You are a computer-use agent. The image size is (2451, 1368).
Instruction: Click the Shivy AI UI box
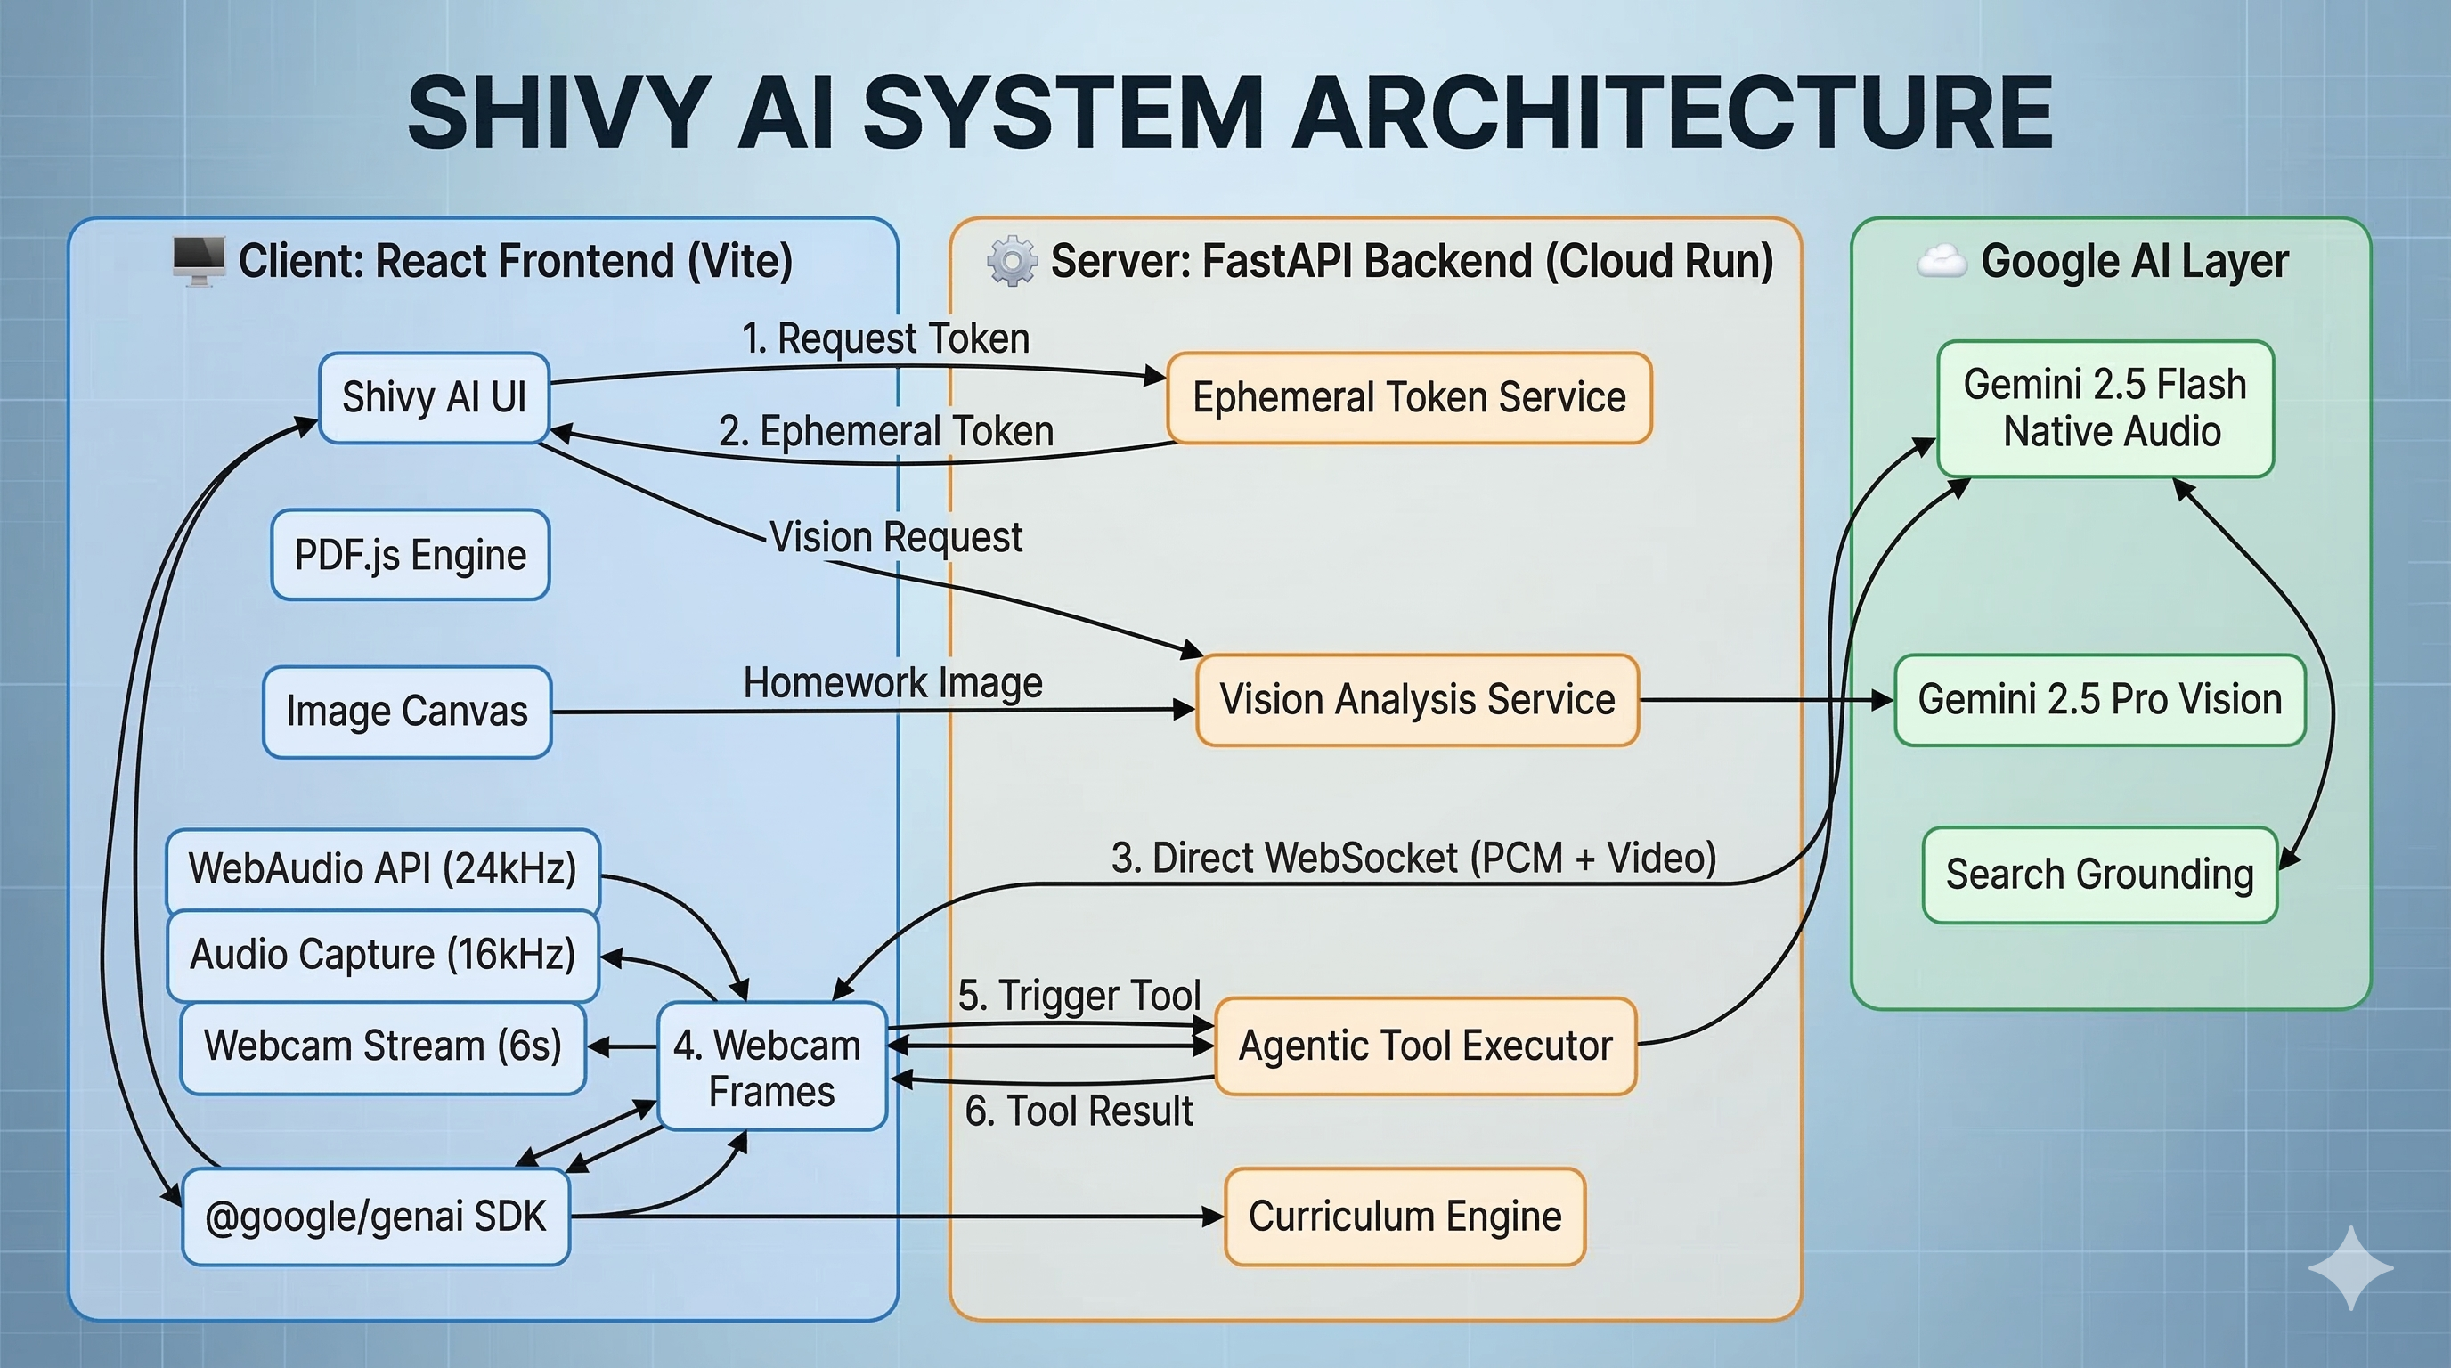coord(434,397)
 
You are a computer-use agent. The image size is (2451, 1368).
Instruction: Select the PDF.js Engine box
coord(410,555)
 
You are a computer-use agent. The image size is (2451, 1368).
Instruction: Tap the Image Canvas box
coord(407,712)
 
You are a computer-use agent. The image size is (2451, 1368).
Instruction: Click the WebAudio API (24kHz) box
coord(382,869)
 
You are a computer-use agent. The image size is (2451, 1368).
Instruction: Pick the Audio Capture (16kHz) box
coord(382,955)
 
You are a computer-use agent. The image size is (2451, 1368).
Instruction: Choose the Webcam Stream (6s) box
coord(382,1046)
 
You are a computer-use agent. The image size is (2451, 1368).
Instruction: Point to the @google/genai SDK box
coord(376,1217)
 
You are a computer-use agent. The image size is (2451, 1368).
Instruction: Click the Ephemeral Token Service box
coord(1409,397)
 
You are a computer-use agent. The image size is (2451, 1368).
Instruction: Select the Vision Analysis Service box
coord(1417,700)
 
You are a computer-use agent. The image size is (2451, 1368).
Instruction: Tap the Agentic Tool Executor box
coord(1425,1046)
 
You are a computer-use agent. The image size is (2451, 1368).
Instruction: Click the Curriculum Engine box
coord(1405,1217)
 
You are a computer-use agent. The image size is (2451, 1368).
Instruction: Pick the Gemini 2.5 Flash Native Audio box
coord(2105,408)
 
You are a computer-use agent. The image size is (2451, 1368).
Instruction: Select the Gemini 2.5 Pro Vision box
coord(2100,700)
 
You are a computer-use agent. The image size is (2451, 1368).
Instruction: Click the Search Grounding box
coord(2100,875)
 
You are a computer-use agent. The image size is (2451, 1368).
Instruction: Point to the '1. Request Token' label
coord(885,338)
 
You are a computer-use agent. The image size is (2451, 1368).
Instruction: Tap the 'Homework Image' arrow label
coord(892,683)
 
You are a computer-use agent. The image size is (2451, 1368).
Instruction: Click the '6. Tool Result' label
coord(1078,1111)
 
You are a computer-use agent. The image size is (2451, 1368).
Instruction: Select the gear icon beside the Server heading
coord(1012,261)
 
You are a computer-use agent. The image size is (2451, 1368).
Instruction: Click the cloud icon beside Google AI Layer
coord(1941,261)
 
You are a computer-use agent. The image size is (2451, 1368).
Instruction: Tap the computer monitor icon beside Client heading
coord(198,260)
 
